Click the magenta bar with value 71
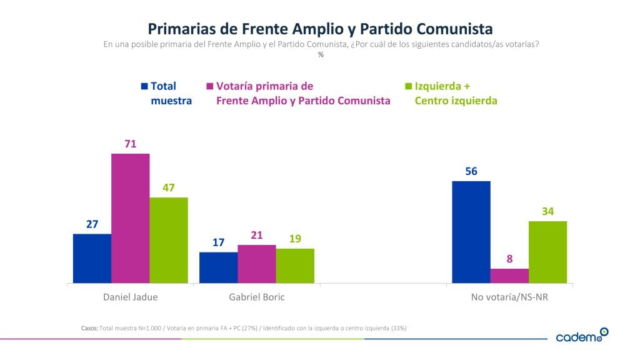(130, 218)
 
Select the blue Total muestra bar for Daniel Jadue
(92, 258)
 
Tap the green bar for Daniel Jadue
(169, 240)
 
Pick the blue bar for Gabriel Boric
(218, 267)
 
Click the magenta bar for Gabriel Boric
(257, 264)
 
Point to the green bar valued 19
(295, 266)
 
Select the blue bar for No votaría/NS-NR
(471, 232)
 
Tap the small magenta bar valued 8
(509, 276)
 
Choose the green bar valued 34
(547, 252)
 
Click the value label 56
(471, 171)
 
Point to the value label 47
(169, 187)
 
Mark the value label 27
(92, 224)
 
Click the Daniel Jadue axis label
(130, 297)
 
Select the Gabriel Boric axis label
(257, 297)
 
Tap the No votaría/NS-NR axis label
(509, 297)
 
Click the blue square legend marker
(144, 86)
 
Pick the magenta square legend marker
(210, 86)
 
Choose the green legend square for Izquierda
(409, 86)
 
